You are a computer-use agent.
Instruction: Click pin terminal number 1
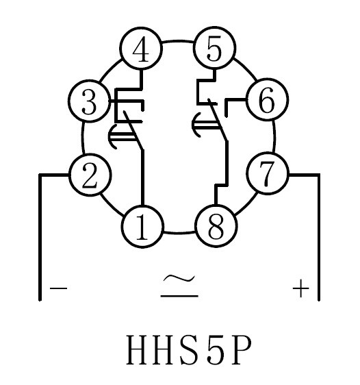(142, 227)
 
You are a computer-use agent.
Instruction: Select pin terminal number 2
(90, 175)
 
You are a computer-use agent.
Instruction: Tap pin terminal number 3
(89, 101)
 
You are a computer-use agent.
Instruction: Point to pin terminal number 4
(141, 49)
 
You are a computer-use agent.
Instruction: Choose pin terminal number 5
(215, 48)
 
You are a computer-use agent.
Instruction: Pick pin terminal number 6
(267, 99)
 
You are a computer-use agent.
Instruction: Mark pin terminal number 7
(268, 174)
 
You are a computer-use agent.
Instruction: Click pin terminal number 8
(216, 226)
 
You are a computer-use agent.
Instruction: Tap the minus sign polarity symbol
(58, 288)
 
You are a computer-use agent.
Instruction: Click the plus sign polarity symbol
(301, 288)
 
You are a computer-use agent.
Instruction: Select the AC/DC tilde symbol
(179, 286)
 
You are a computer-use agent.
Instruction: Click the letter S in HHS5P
(189, 349)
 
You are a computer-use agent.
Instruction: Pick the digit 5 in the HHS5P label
(216, 350)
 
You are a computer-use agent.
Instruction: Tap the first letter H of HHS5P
(138, 349)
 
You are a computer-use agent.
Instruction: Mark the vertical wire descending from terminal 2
(40, 237)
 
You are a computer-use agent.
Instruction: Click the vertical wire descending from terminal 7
(319, 237)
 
